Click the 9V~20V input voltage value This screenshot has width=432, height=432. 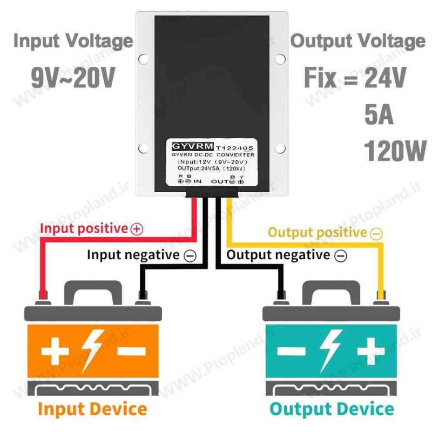pyautogui.click(x=73, y=79)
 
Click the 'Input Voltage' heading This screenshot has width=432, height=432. pyautogui.click(x=73, y=41)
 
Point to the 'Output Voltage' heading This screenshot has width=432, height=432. pyautogui.click(x=358, y=42)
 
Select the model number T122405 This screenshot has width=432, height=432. pyautogui.click(x=234, y=147)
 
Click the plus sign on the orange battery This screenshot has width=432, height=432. pyautogui.click(x=55, y=351)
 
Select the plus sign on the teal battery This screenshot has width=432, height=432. pyautogui.click(x=369, y=352)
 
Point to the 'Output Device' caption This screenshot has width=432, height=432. pyautogui.click(x=332, y=409)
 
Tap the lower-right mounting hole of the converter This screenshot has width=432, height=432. pyautogui.click(x=280, y=148)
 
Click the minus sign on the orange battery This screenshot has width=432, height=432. pyautogui.click(x=131, y=351)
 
